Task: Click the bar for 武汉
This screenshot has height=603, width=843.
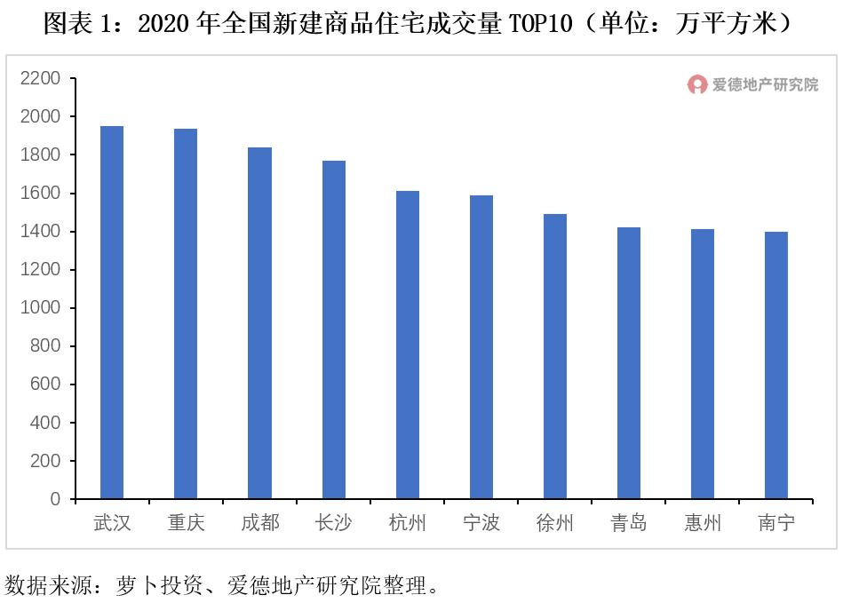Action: point(112,312)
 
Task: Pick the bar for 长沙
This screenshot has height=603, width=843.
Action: point(334,329)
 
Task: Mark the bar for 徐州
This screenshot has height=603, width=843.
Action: point(555,356)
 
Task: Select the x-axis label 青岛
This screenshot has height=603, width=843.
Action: point(629,523)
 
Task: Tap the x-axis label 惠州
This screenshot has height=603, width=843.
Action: point(703,523)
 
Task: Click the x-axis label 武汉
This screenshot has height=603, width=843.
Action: point(112,523)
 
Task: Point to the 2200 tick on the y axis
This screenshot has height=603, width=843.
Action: point(41,78)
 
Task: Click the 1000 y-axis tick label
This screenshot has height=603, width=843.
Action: point(41,308)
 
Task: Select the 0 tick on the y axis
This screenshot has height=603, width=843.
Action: point(55,499)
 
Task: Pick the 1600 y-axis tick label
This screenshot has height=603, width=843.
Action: point(41,193)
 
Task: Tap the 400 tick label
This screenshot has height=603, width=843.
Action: point(45,423)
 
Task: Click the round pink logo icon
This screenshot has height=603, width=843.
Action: point(697,84)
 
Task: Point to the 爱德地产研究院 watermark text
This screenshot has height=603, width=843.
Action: point(765,84)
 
